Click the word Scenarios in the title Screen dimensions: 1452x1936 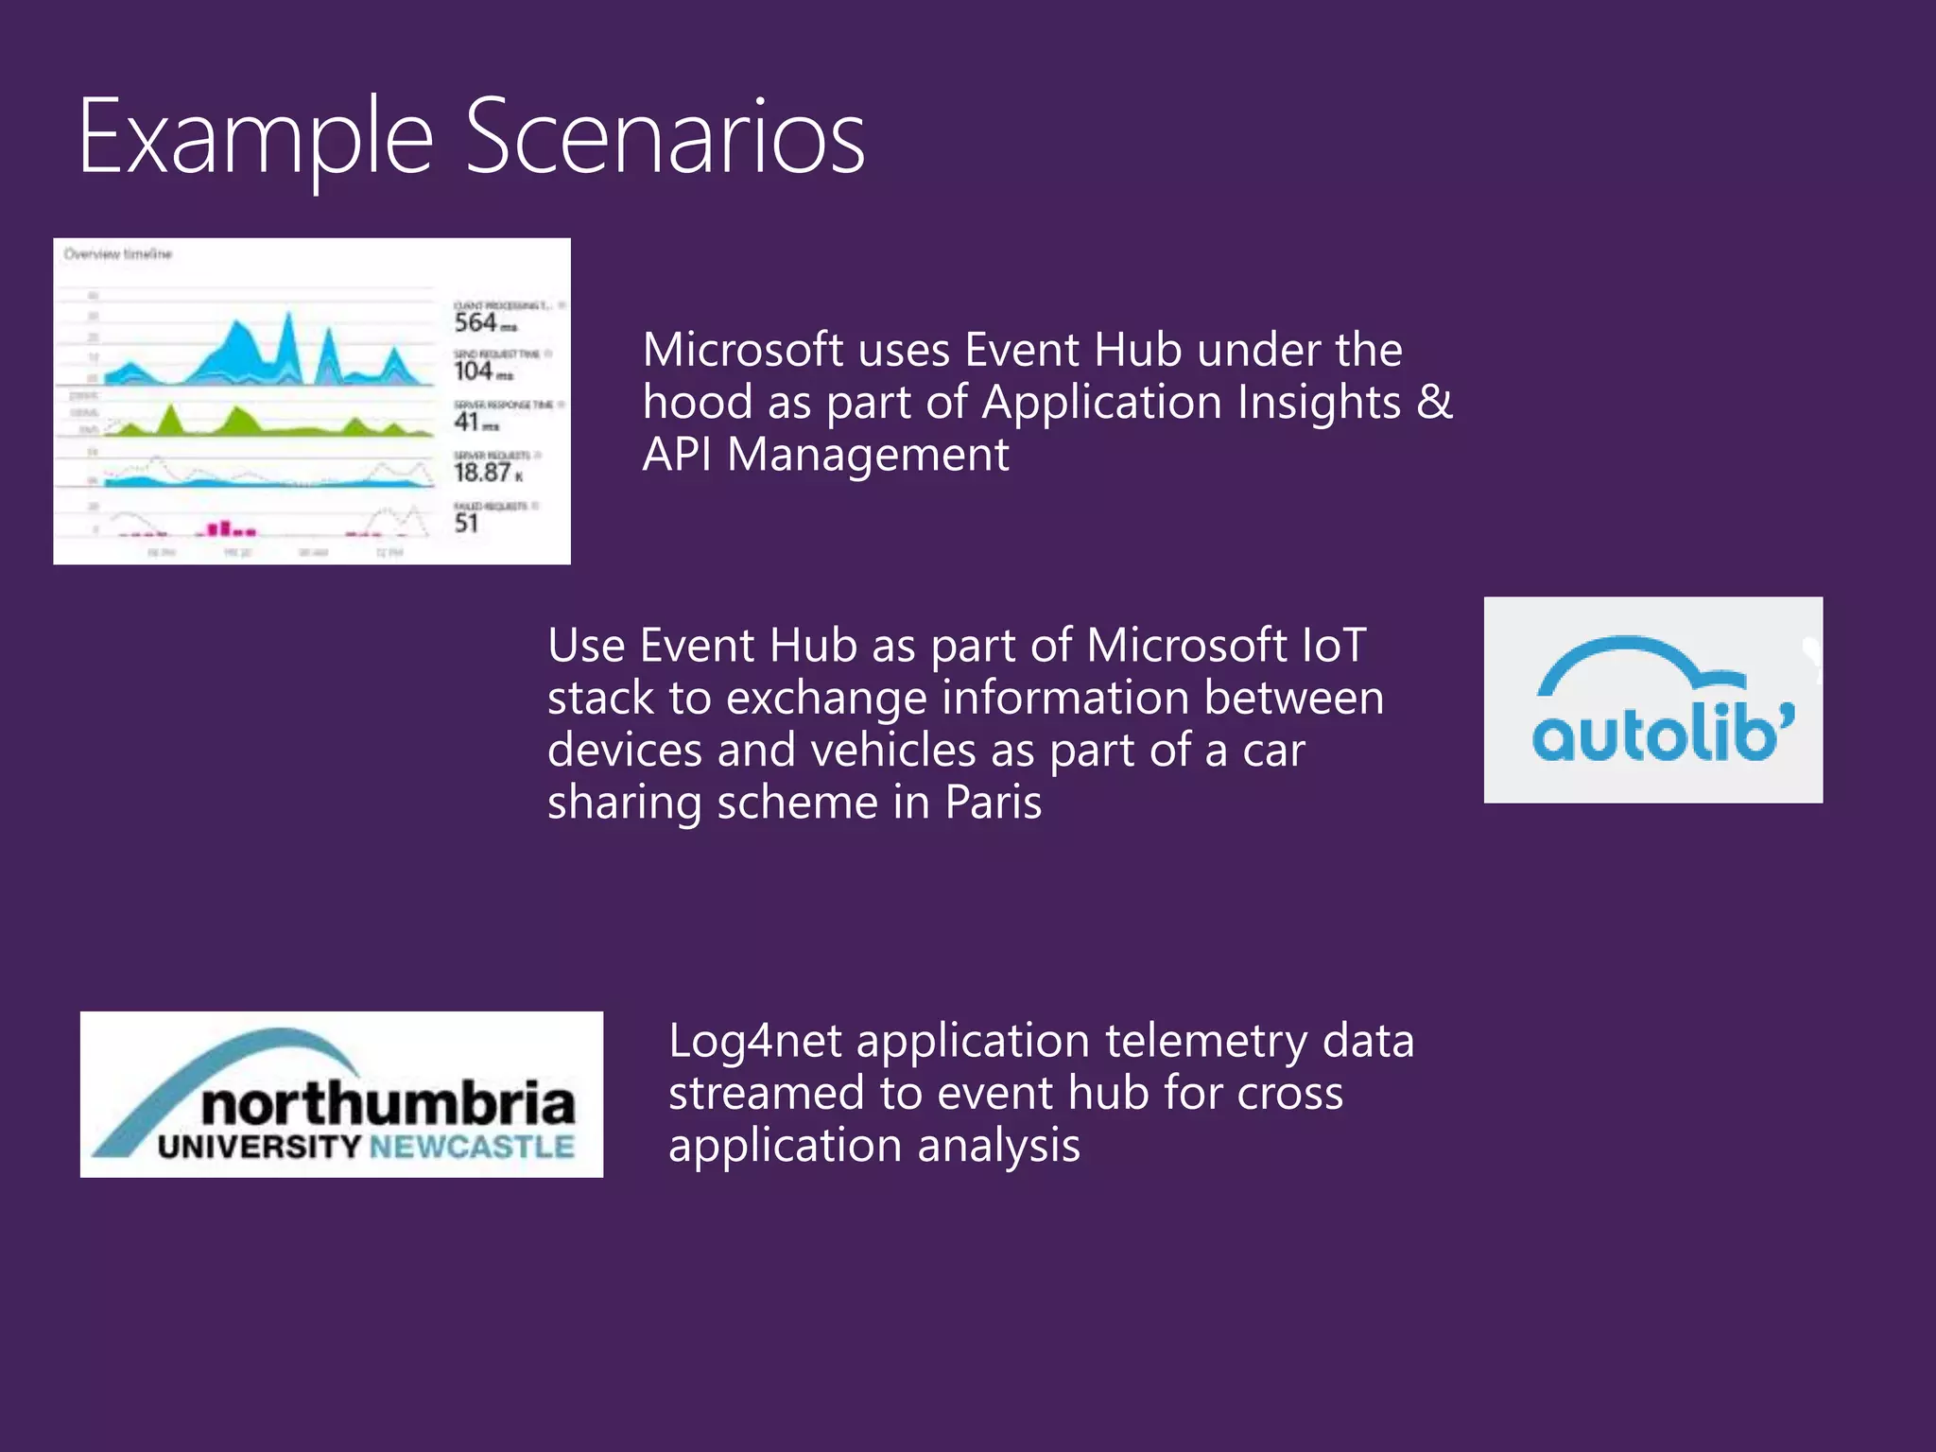665,139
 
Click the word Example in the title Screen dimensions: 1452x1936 255,139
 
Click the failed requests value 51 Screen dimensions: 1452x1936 466,524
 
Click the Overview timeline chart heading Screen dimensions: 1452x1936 118,254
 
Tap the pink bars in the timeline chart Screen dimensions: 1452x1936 227,528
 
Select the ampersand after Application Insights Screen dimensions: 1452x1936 1434,402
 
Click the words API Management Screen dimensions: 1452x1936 825,455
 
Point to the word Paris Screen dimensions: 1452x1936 993,804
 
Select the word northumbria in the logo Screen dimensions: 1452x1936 388,1103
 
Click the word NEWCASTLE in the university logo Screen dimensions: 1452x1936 471,1148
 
